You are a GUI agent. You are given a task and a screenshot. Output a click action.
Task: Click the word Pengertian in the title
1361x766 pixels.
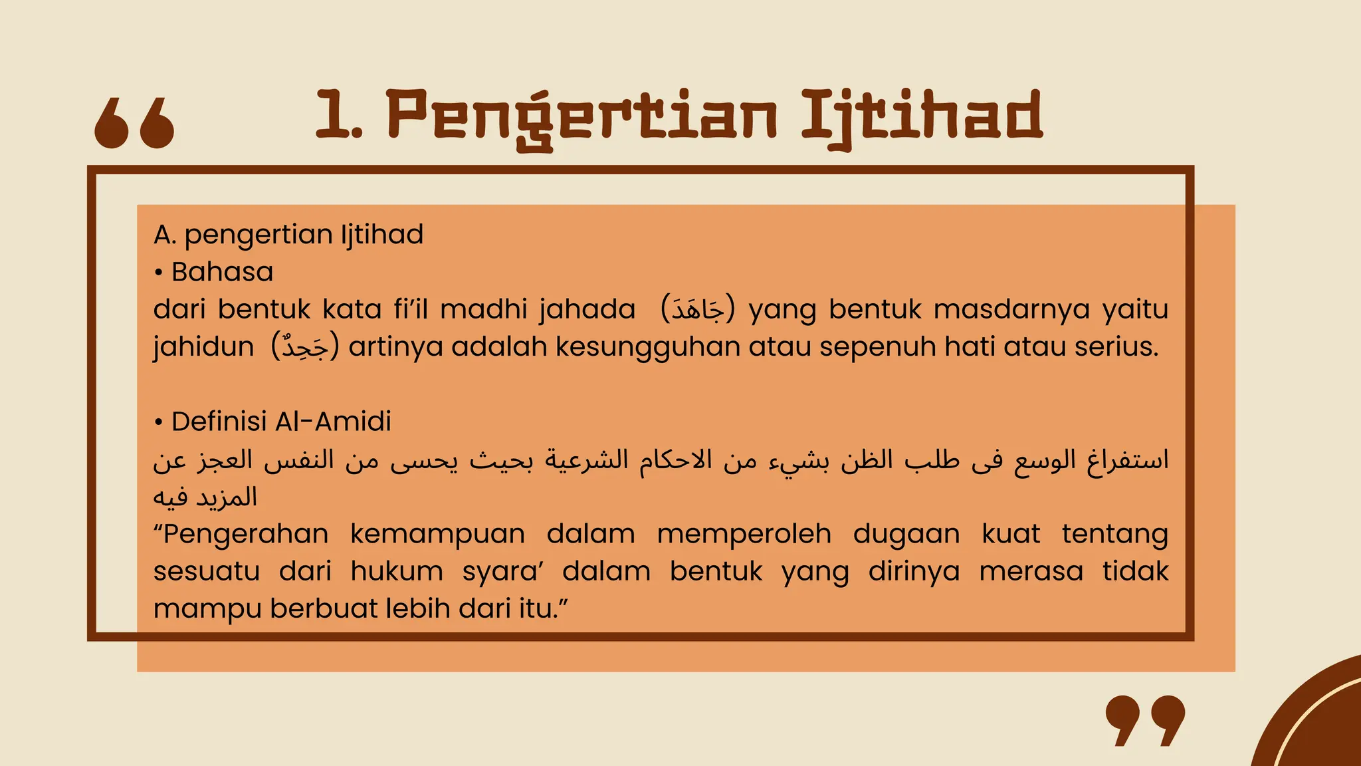click(581, 116)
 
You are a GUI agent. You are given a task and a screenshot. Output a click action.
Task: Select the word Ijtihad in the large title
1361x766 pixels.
click(921, 116)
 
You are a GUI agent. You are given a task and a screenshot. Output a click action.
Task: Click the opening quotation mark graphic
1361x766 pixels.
click(134, 122)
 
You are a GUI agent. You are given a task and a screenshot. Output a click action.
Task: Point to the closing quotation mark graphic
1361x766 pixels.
click(1145, 720)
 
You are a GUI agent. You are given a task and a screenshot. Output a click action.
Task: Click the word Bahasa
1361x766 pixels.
click(222, 272)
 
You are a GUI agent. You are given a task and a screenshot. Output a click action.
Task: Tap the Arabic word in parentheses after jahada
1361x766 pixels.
click(698, 310)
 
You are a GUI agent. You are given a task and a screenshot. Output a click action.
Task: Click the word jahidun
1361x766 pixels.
click(203, 347)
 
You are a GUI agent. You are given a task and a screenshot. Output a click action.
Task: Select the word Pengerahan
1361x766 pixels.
click(241, 534)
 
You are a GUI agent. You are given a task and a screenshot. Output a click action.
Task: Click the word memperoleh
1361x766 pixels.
click(744, 534)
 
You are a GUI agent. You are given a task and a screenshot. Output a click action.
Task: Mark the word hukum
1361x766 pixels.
click(397, 571)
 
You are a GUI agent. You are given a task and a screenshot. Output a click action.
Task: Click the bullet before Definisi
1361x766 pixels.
click(158, 422)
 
